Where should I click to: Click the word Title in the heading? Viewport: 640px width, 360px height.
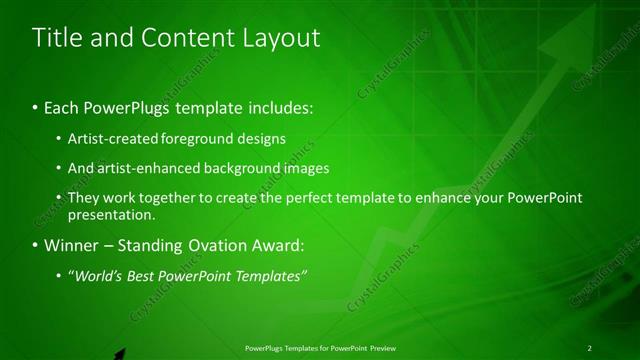pyautogui.click(x=54, y=39)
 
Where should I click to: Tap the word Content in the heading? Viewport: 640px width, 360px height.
pyautogui.click(x=190, y=39)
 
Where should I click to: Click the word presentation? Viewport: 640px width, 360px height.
pyautogui.click(x=111, y=214)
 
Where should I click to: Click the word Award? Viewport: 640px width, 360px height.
pyautogui.click(x=274, y=245)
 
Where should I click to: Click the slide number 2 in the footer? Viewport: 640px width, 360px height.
pyautogui.click(x=589, y=347)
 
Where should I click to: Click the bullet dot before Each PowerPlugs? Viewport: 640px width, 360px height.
pyautogui.click(x=36, y=107)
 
